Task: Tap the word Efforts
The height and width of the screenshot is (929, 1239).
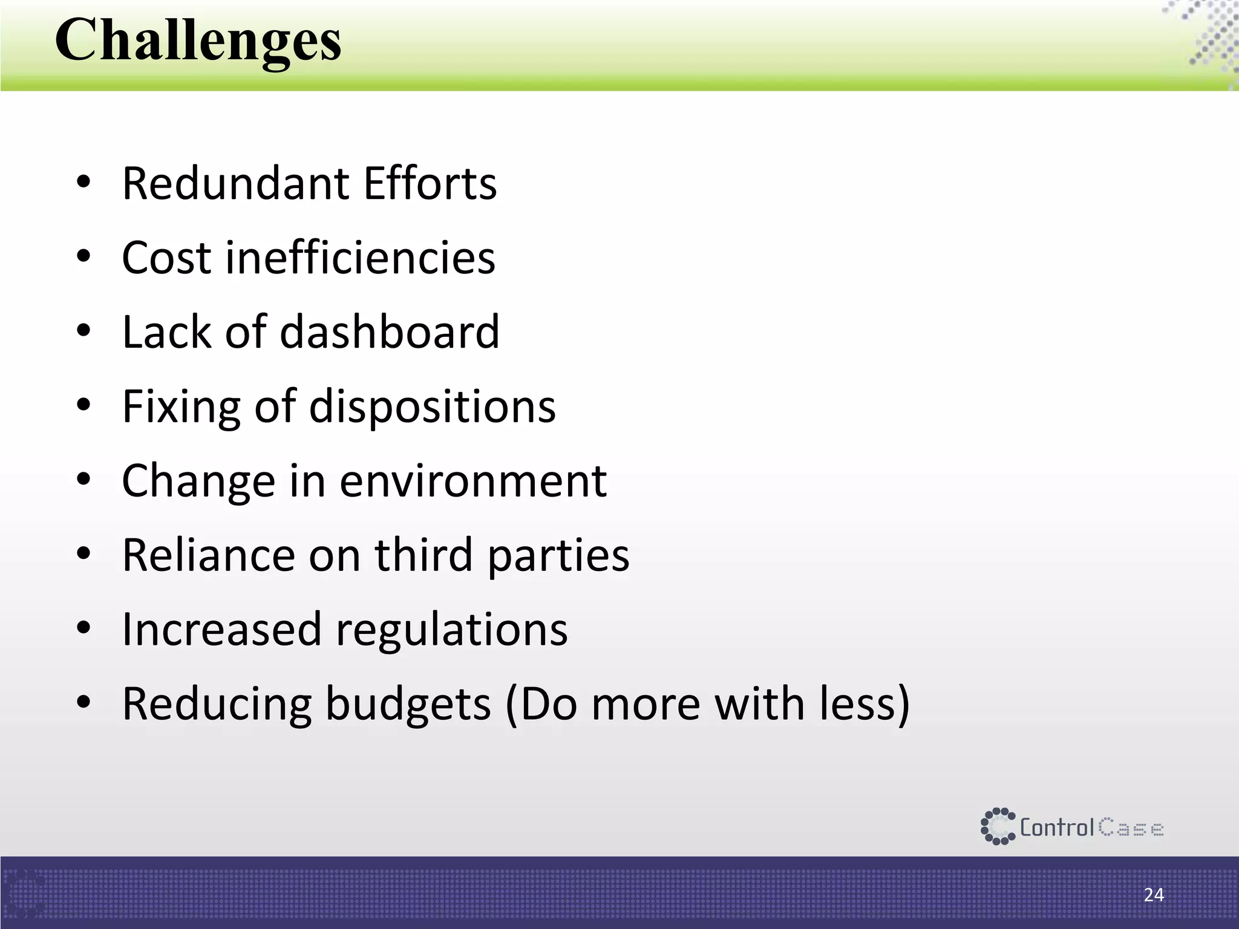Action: click(x=430, y=183)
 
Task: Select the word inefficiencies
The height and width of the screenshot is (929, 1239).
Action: click(x=361, y=258)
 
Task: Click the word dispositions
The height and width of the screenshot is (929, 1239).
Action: click(x=432, y=406)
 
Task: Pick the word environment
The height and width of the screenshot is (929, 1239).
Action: click(x=472, y=481)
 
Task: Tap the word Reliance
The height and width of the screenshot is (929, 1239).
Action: click(x=208, y=555)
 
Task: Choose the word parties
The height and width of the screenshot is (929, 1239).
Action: click(x=558, y=555)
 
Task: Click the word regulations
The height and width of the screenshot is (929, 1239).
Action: click(x=451, y=630)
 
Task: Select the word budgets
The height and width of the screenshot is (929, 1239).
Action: click(x=408, y=704)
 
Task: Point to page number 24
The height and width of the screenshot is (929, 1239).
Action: click(x=1154, y=895)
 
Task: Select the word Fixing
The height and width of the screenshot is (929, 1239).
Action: click(x=180, y=406)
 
